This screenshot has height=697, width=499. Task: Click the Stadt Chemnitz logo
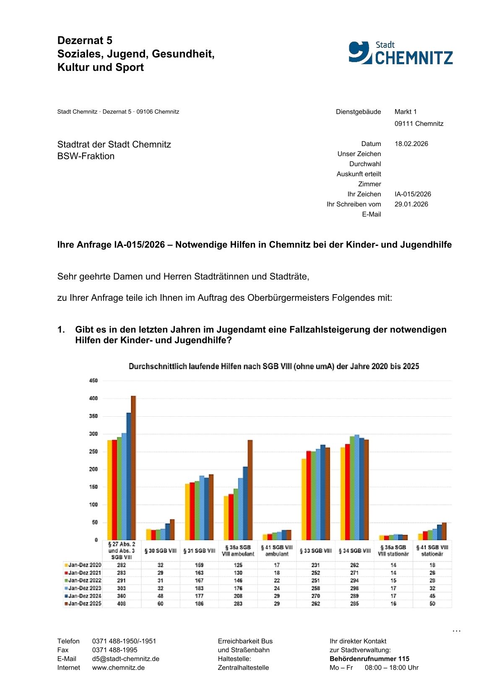pos(400,53)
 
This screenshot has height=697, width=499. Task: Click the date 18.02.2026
pos(411,144)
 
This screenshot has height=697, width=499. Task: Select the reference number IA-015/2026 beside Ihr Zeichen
pos(413,194)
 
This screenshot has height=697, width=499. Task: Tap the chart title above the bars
pos(273,366)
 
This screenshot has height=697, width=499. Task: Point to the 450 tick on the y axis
pos(94,381)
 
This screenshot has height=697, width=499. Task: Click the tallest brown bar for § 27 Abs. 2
pos(133,468)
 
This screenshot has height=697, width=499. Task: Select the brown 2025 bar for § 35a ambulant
pos(250,490)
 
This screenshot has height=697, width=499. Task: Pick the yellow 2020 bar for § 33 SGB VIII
pos(304,499)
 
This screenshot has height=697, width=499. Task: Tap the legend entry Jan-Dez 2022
pos(84,580)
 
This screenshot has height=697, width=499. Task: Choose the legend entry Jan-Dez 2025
pos(84,603)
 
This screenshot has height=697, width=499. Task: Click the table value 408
pos(122,603)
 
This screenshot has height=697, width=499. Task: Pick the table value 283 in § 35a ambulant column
pos(238,603)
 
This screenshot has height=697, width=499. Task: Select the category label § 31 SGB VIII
pos(199,551)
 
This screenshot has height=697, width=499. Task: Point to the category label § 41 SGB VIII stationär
pos(432,551)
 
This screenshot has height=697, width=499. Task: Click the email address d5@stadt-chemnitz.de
pos(125,659)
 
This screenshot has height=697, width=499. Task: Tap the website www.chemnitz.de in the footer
pos(118,668)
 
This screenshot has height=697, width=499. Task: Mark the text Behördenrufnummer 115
pos(369,659)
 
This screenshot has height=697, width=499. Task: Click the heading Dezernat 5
pos(85,40)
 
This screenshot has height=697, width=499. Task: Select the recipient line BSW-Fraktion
pos(86,156)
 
